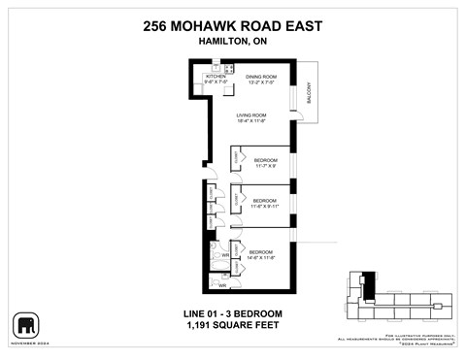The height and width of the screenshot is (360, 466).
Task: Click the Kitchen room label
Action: coord(215,76)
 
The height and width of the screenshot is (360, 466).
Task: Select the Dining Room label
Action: coord(261,77)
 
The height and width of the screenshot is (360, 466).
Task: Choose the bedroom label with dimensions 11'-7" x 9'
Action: coord(266,159)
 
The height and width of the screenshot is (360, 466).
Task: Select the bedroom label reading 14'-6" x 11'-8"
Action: coord(261,251)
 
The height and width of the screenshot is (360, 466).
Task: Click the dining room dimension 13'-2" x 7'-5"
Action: coord(261,82)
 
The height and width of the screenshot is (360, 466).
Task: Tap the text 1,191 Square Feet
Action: coord(232,327)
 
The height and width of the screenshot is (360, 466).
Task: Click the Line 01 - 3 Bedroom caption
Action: coord(232,313)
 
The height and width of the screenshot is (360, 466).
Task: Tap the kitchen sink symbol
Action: coord(229,70)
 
